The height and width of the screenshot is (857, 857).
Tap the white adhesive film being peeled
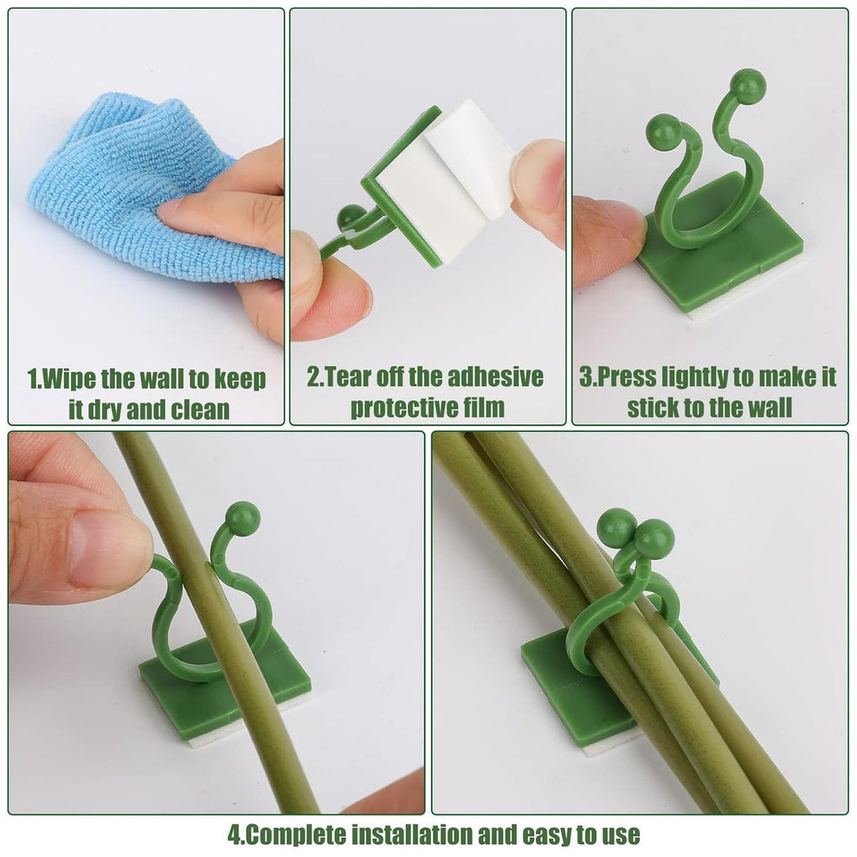pyautogui.click(x=441, y=186)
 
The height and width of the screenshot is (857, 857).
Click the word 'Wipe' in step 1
pyautogui.click(x=70, y=378)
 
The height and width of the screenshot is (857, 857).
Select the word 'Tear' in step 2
pyautogui.click(x=351, y=377)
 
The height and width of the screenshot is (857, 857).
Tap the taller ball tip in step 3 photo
pyautogui.click(x=748, y=87)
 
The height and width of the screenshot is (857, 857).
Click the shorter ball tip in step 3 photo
pyautogui.click(x=663, y=131)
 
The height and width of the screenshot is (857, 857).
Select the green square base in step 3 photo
pyautogui.click(x=723, y=260)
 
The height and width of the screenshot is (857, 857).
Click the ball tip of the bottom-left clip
pyautogui.click(x=242, y=518)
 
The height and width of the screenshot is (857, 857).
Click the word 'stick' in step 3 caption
pyautogui.click(x=656, y=408)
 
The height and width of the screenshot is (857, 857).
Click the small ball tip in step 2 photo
pyautogui.click(x=351, y=216)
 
